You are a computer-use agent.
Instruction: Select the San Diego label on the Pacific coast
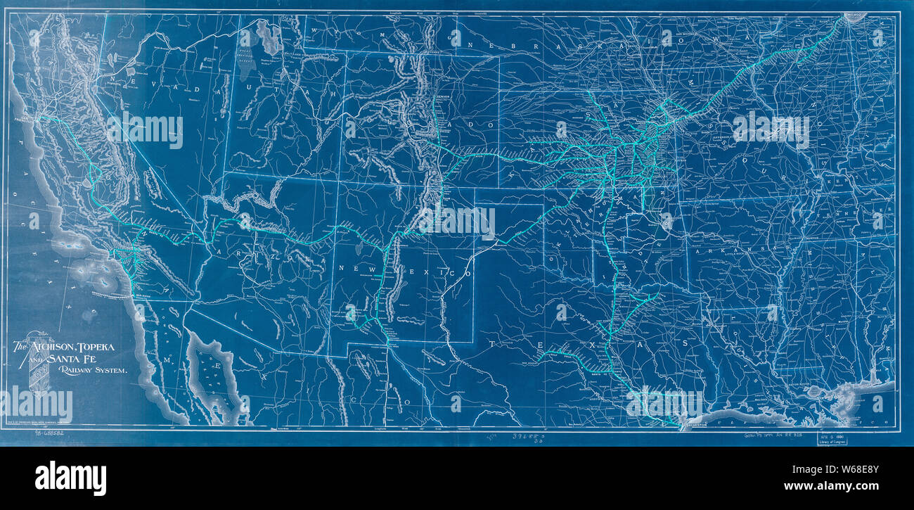click(138, 296)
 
